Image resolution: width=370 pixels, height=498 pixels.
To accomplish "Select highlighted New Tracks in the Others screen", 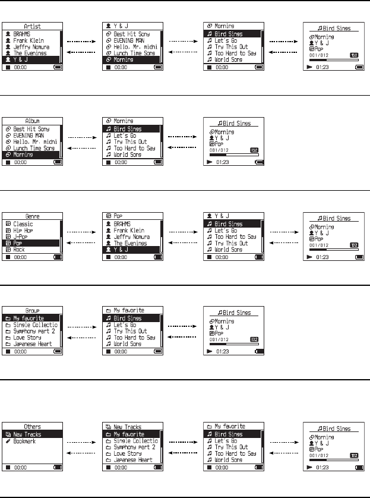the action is tap(30, 434).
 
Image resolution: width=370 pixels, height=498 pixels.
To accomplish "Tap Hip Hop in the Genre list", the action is tap(26, 231).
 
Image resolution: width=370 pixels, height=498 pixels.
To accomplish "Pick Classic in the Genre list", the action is tap(26, 225).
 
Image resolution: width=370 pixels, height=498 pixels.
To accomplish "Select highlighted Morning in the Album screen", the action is tap(27, 154).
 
